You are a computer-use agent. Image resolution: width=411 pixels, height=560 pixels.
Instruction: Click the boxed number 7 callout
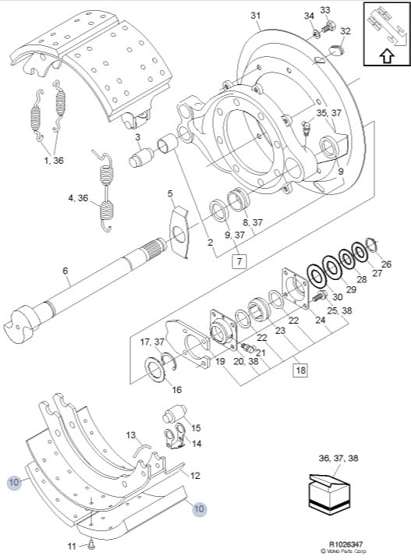[239, 261]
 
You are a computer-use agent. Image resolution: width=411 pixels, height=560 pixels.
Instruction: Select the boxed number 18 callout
[300, 370]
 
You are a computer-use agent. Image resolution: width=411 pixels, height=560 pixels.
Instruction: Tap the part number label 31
[255, 16]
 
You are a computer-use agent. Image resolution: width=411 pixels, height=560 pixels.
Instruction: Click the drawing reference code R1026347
[345, 544]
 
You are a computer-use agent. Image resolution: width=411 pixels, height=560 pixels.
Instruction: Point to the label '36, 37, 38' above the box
[338, 458]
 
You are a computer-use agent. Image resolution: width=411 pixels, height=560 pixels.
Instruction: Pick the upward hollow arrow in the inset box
[387, 56]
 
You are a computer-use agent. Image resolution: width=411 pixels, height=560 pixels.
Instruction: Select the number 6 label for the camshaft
[65, 271]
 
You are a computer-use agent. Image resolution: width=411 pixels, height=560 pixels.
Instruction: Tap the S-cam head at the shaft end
[21, 325]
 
